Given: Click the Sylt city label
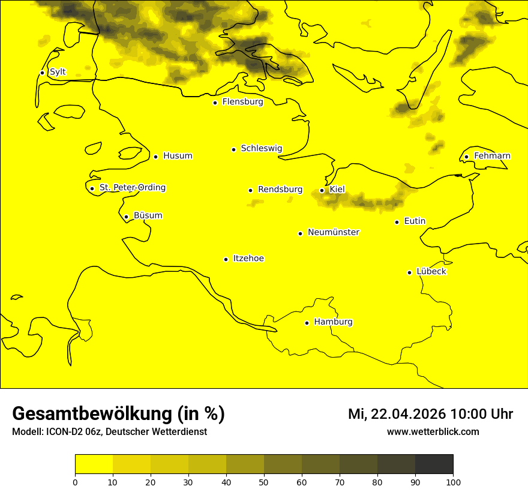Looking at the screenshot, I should (x=58, y=72).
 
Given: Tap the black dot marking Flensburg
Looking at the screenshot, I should (x=215, y=103).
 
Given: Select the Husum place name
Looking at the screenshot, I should (x=178, y=156).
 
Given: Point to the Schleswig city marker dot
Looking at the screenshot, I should (x=233, y=149).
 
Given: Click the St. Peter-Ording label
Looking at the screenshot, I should (x=133, y=188).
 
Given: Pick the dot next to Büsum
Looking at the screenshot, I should (x=126, y=217).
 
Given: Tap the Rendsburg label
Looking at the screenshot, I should (x=280, y=190).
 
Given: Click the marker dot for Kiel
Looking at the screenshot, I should (x=322, y=190).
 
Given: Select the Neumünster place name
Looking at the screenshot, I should (x=334, y=232).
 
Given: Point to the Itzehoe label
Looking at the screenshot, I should (x=248, y=259).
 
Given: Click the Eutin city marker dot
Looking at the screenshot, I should (x=397, y=222).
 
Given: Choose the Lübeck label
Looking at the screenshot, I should (x=431, y=271).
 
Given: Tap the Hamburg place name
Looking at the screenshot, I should (x=333, y=322).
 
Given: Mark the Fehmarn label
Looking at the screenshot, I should (x=492, y=156).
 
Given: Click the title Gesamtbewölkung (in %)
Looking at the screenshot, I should (x=118, y=414).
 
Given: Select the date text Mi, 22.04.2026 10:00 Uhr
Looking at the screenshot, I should (x=430, y=414).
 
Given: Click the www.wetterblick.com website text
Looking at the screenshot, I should (x=433, y=432).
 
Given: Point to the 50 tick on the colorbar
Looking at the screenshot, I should (x=264, y=481).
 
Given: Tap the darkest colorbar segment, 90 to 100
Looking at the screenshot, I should (x=434, y=464).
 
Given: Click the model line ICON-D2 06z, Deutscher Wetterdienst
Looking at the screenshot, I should (x=109, y=432).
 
